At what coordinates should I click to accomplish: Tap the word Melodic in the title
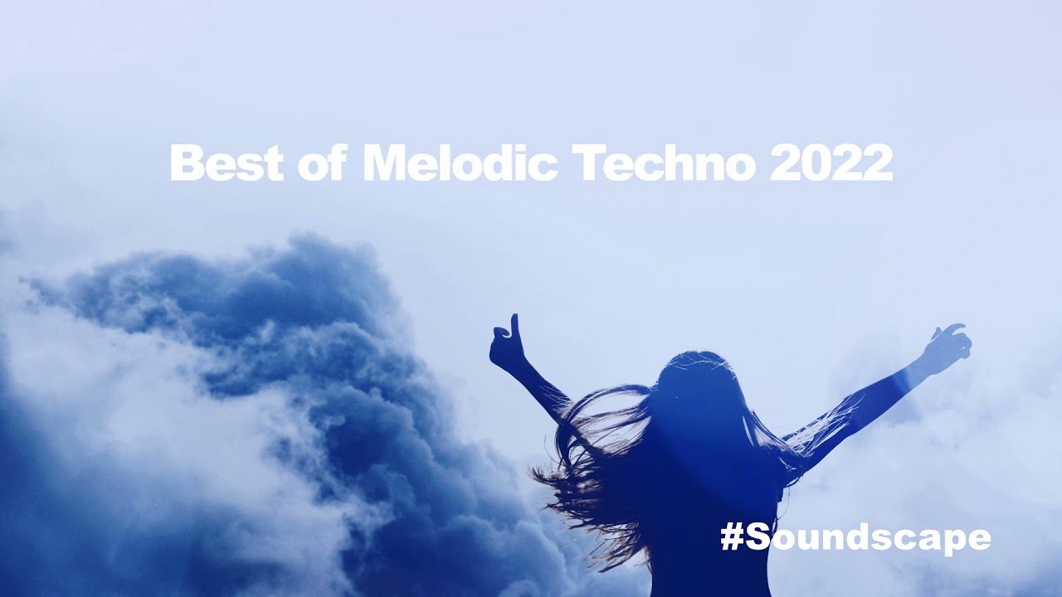460,163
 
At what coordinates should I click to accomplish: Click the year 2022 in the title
831,163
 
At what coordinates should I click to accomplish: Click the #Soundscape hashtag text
855,537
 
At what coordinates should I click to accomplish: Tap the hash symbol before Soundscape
732,537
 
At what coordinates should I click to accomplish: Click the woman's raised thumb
514,323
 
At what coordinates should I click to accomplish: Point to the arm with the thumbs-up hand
539,386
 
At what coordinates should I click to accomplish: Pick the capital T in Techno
586,163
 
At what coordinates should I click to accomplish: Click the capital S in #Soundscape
758,537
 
